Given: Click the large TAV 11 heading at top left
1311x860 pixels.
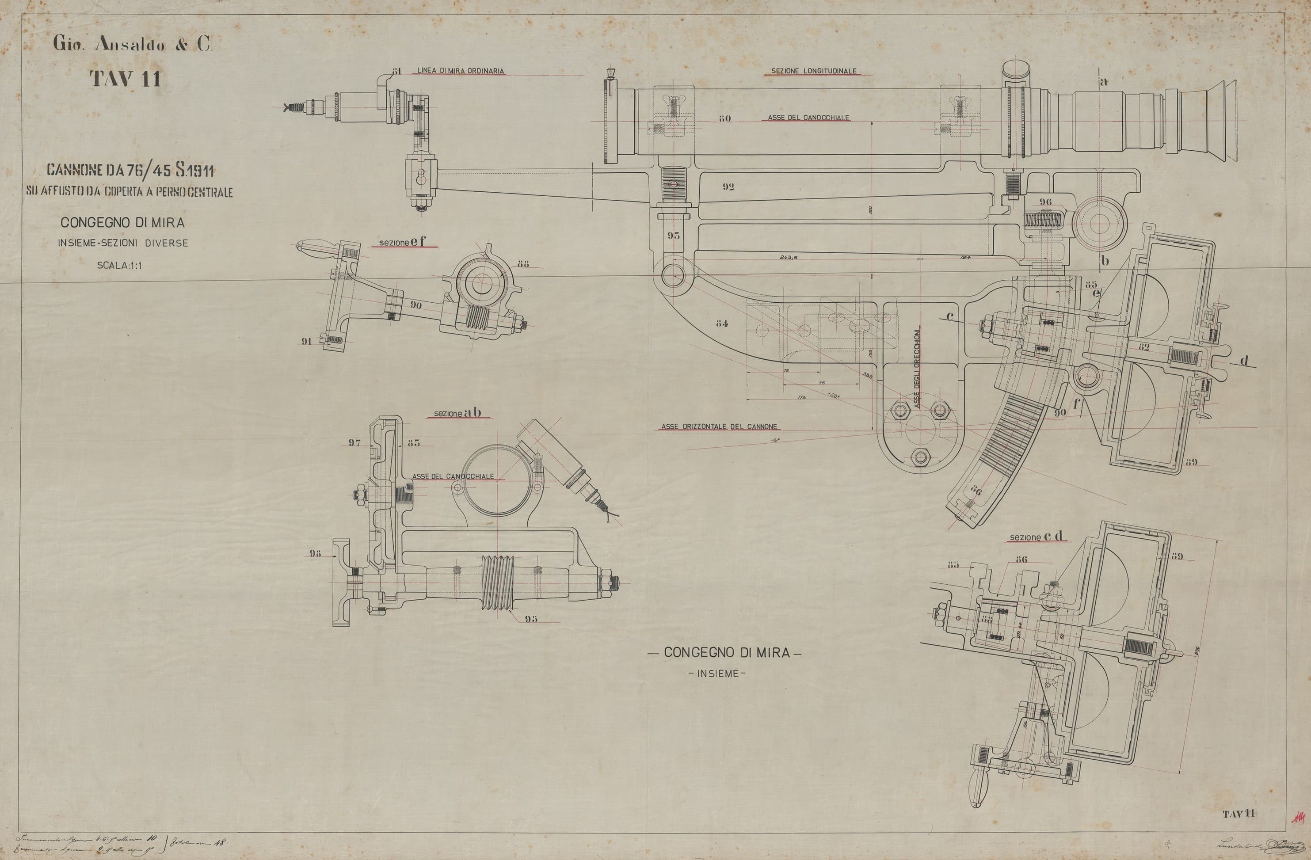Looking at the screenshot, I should tap(126, 79).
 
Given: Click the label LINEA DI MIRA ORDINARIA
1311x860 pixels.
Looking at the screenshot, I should tap(461, 71).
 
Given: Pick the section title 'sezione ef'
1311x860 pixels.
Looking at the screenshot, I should tap(403, 242).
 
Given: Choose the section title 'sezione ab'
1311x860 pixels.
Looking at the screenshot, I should tap(457, 412).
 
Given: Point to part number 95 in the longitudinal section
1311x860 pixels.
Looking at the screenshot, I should tap(673, 236).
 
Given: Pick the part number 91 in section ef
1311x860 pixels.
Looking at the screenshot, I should tap(306, 341).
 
